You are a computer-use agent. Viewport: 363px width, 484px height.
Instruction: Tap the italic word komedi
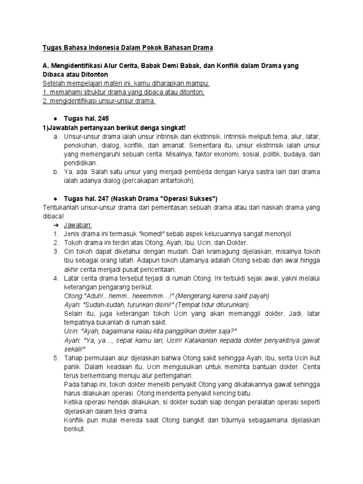[151, 234]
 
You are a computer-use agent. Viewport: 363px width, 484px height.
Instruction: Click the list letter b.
[55, 172]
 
